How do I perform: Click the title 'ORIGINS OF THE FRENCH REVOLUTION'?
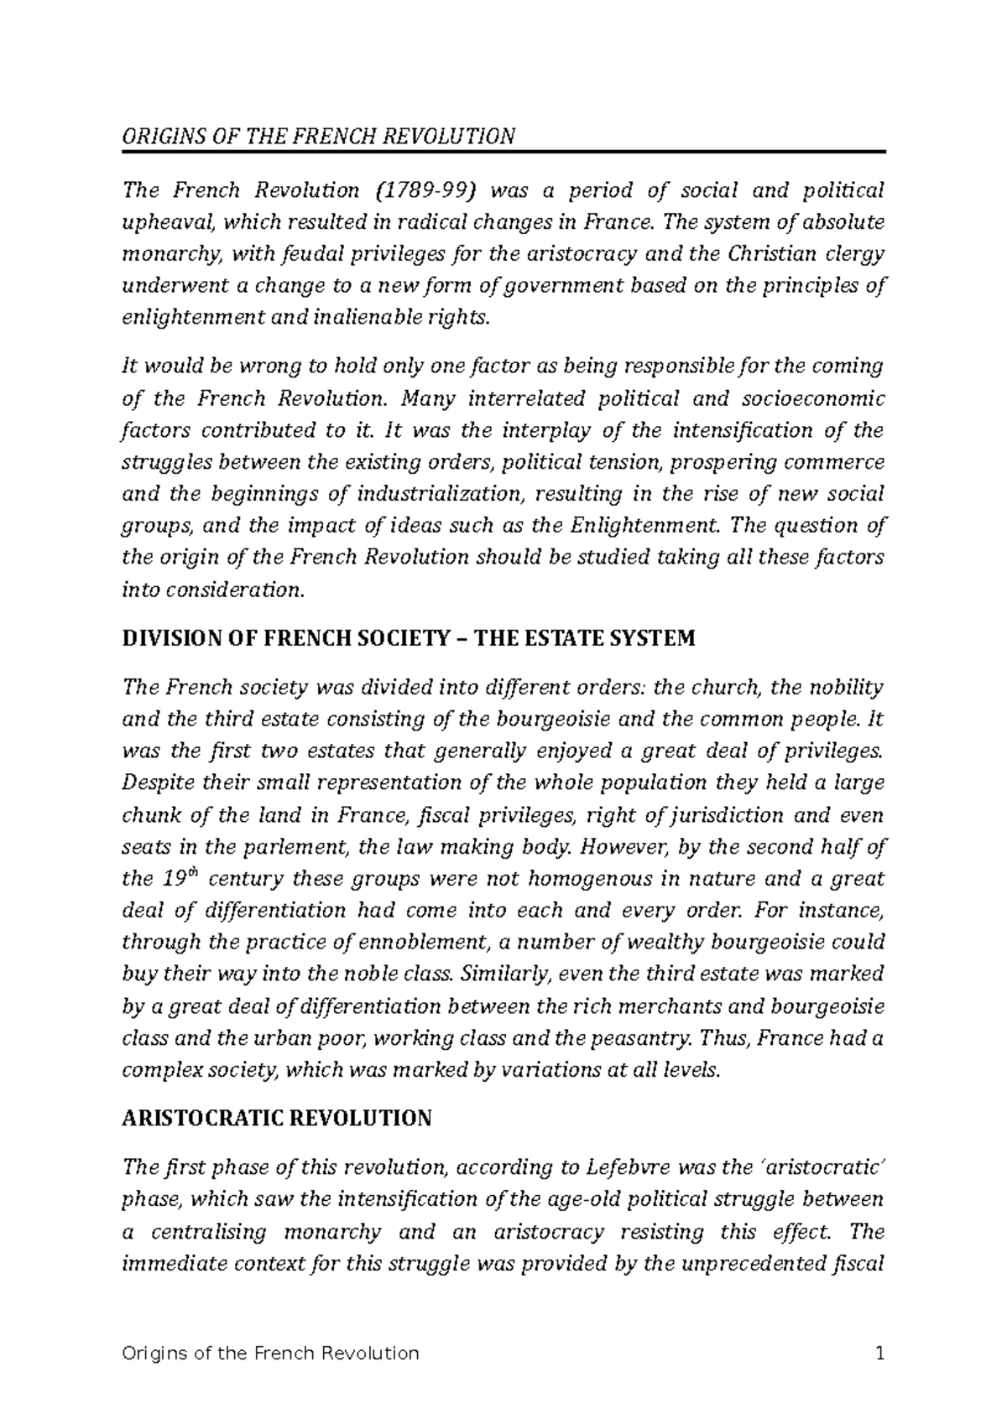(x=318, y=137)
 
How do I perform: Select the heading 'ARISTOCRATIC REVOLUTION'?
(x=277, y=1118)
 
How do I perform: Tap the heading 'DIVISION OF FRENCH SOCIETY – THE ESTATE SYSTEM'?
(x=409, y=639)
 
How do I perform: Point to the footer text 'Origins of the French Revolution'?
(x=270, y=1354)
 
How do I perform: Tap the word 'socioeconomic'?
(x=817, y=398)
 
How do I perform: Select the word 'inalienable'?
(x=396, y=319)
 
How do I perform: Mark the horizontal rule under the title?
(x=503, y=151)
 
